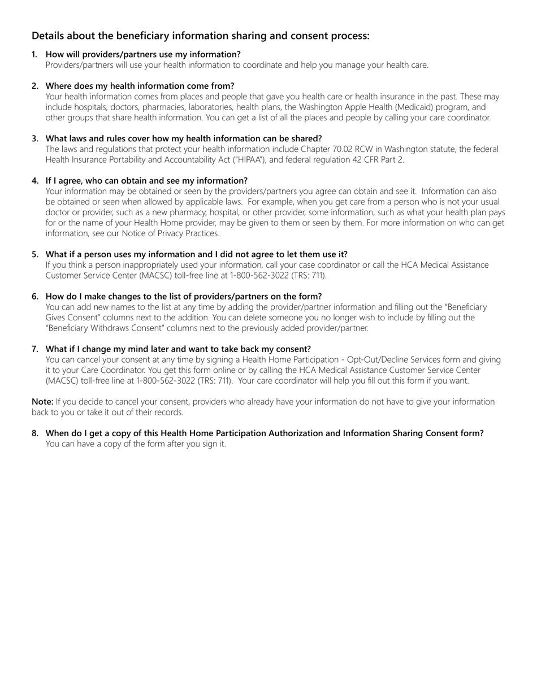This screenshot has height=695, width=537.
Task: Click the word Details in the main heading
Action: [49, 36]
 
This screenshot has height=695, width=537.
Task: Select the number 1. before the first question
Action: [35, 54]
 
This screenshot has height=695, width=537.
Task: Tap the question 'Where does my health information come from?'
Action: [140, 86]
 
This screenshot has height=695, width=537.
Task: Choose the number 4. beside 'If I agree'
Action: [35, 181]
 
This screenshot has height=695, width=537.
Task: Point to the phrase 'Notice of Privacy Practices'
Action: [169, 233]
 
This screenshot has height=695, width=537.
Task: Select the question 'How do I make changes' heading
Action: [184, 297]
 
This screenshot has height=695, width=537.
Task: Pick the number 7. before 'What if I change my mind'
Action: [35, 349]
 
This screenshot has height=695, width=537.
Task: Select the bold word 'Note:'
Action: [42, 402]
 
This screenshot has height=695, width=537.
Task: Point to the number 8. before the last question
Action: [35, 433]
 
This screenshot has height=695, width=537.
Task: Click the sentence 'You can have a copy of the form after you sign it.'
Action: [136, 444]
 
